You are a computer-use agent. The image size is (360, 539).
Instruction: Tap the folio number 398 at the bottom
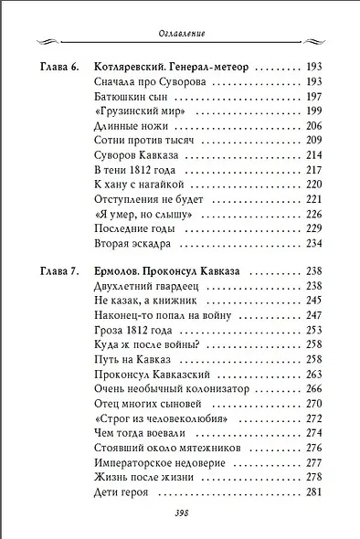180,513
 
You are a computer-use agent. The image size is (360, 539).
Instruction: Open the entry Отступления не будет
146,199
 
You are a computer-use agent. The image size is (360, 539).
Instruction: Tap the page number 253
315,330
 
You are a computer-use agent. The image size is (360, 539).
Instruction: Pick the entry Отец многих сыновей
146,403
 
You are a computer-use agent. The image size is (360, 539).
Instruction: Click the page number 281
315,491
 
